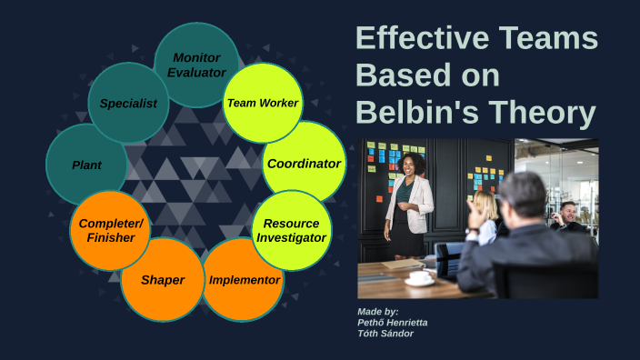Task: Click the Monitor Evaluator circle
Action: tap(196, 64)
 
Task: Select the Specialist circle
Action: tap(128, 103)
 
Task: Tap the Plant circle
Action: tap(86, 165)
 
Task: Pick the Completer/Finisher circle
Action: tap(109, 230)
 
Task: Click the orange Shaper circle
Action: tap(162, 279)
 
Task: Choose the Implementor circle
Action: tap(244, 280)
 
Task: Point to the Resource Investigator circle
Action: tap(291, 230)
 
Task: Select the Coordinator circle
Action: tap(304, 164)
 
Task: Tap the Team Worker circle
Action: tap(263, 103)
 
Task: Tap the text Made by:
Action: tap(377, 312)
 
